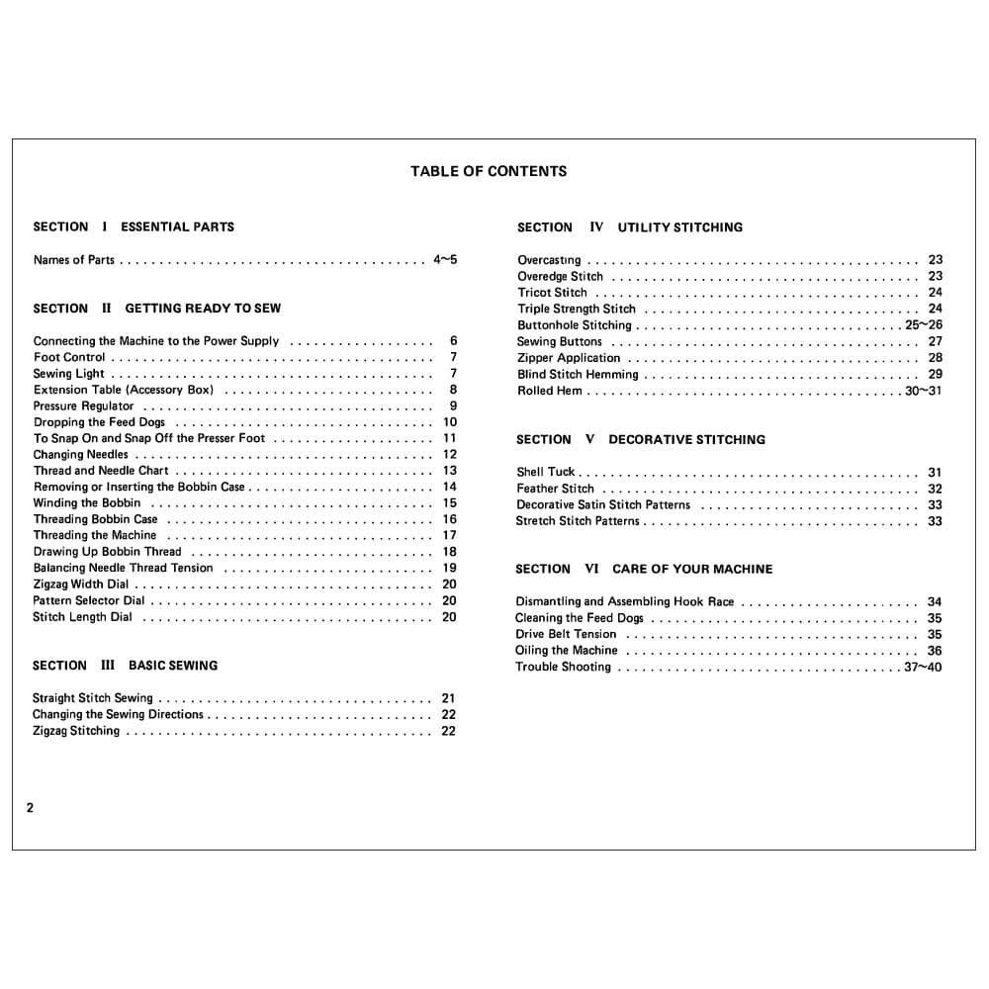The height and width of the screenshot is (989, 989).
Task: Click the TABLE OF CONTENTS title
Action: [489, 171]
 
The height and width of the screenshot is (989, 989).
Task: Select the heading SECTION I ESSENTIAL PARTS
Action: [134, 226]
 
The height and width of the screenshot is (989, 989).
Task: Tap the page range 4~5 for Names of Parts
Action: [445, 260]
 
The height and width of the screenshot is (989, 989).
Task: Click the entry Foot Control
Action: [69, 357]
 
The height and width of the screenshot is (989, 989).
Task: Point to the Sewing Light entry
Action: [68, 374]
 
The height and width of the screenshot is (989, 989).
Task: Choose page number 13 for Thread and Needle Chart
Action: [450, 471]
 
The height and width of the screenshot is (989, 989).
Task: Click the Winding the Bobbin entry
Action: [87, 502]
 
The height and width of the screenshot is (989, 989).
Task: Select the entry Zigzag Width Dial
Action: [80, 584]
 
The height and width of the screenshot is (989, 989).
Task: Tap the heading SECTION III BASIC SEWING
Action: [125, 666]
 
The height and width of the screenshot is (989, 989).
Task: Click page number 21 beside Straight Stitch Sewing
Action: [449, 698]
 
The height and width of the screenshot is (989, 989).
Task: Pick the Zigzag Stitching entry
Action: [76, 731]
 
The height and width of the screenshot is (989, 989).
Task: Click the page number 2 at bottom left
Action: [30, 808]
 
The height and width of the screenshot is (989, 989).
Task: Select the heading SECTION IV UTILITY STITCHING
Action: [629, 227]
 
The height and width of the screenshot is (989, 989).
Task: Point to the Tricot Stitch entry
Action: [552, 293]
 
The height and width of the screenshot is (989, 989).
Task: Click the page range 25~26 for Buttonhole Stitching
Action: [924, 325]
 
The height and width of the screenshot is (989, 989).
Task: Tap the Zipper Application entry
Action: [569, 358]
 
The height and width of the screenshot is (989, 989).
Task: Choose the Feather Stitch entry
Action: [555, 489]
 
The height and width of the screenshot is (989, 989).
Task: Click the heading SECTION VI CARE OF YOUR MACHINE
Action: [644, 569]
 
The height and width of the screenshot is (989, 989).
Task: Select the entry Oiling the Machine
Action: [566, 651]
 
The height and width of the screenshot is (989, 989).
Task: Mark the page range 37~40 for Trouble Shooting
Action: [923, 668]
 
